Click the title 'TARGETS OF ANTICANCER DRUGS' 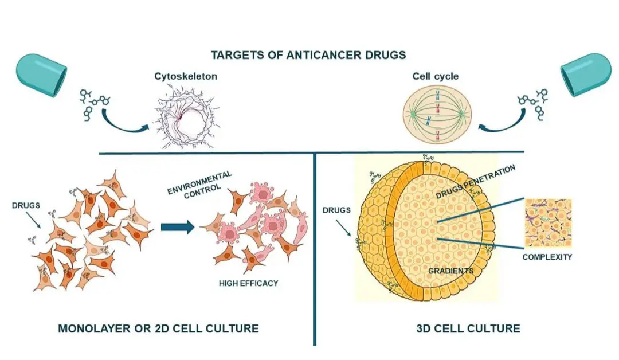[x=308, y=55]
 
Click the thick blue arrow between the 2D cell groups [x=178, y=227]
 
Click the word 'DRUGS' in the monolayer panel [x=26, y=205]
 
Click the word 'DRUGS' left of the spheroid [x=336, y=210]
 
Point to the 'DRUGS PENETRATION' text [x=474, y=182]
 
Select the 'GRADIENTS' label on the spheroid [x=450, y=270]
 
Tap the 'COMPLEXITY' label [x=547, y=257]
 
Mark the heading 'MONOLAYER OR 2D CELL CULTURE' [x=158, y=328]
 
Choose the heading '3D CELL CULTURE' [x=468, y=328]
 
